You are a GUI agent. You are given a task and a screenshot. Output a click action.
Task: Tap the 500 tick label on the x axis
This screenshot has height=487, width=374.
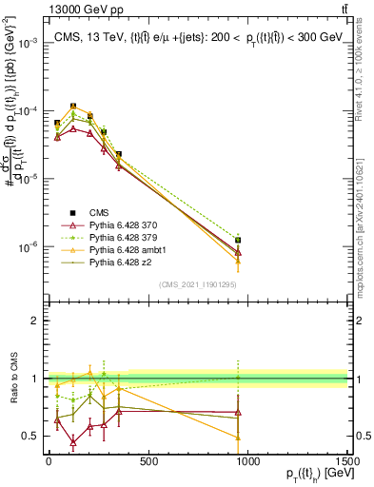(148, 461)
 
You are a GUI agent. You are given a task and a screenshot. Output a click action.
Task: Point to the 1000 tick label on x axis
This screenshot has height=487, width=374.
(247, 461)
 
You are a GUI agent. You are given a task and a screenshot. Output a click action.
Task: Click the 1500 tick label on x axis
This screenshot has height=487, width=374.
(346, 461)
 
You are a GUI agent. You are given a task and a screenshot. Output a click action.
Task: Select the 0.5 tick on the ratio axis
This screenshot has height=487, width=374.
(31, 436)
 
